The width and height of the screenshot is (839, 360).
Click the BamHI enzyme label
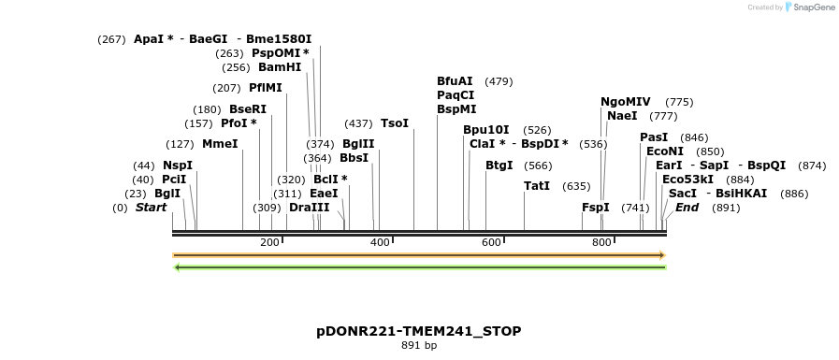coord(280,67)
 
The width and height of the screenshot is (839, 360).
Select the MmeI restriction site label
coord(220,144)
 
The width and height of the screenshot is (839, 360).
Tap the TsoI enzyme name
coord(394,123)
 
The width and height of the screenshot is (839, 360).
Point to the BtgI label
coord(499,166)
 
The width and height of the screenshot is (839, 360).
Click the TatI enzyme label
coord(537,186)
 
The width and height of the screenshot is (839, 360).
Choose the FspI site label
coord(595,207)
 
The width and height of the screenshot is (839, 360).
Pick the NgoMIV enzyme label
coord(626,102)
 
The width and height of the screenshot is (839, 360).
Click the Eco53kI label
coord(687,179)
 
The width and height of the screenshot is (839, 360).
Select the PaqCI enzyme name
coord(456,95)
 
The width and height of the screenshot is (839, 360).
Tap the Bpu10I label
coord(486,130)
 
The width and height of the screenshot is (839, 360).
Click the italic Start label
coord(151,207)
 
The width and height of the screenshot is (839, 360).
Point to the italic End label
coord(687,207)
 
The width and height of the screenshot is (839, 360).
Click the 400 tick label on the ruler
coord(380,243)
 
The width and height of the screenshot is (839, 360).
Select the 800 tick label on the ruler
coord(601,243)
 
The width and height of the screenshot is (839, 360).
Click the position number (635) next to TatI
coord(576,186)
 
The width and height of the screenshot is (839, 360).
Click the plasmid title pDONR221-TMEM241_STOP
coord(419,331)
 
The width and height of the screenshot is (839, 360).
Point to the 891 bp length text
coord(419,346)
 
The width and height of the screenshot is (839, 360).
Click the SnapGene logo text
coord(810,7)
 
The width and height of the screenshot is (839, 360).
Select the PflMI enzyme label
coord(265,88)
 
